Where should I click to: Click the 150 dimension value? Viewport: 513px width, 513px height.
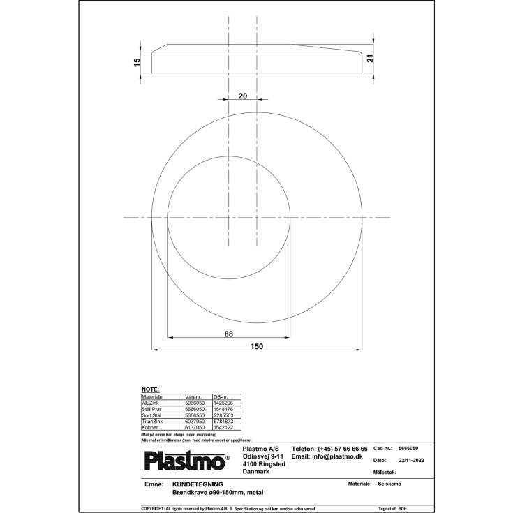point(258,345)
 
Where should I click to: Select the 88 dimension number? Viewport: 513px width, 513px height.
point(228,334)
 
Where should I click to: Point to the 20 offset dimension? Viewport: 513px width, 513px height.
point(242,97)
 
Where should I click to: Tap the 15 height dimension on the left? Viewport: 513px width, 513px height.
point(137,62)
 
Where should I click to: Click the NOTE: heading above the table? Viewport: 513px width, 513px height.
point(150,389)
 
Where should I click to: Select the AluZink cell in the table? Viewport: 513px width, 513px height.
point(151,403)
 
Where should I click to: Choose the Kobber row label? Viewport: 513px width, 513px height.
point(151,426)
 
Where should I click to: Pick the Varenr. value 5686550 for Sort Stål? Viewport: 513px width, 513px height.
point(193,415)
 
